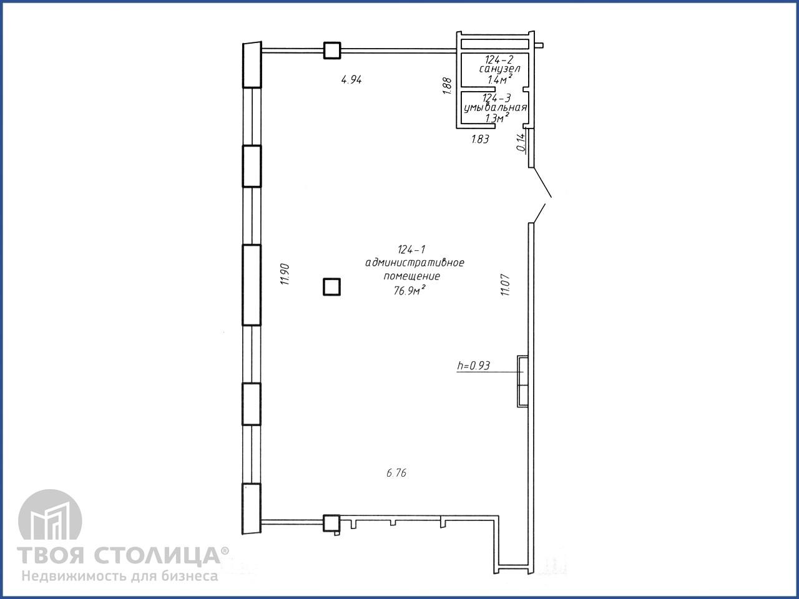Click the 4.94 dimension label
click(351, 80)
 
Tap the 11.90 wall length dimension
click(285, 274)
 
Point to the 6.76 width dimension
click(396, 473)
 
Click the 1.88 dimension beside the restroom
click(448, 86)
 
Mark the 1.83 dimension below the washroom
click(480, 139)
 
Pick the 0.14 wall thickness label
click(521, 142)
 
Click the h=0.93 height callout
click(474, 366)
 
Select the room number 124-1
click(411, 250)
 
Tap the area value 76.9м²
click(410, 290)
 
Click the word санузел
click(499, 69)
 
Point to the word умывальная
click(496, 108)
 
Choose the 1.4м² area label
click(500, 79)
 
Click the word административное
click(414, 263)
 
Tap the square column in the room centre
click(332, 286)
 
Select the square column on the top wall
click(332, 51)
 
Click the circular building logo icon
click(50, 516)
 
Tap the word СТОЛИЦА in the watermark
click(157, 555)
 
